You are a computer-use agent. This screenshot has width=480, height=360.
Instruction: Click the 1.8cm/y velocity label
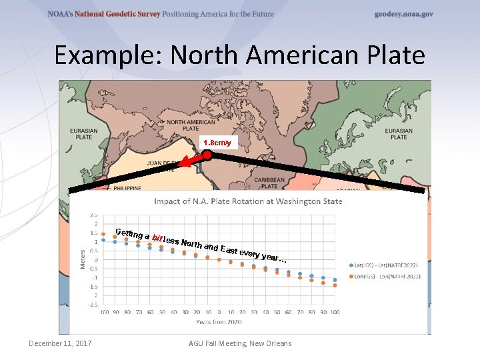tap(217, 143)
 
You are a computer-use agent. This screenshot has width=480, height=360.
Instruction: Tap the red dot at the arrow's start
tap(207, 155)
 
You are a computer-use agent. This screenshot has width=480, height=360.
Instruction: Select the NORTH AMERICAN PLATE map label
tap(191, 126)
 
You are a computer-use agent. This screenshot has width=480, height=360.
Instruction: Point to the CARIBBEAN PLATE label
tap(269, 183)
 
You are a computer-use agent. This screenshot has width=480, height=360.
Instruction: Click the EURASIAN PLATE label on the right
tap(399, 134)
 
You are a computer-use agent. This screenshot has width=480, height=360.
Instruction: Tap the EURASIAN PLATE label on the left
tap(84, 134)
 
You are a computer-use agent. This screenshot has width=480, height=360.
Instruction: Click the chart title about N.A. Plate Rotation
tap(248, 201)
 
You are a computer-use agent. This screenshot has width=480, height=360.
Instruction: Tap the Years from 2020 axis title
tap(219, 321)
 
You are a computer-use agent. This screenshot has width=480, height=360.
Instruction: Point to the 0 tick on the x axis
tap(219, 311)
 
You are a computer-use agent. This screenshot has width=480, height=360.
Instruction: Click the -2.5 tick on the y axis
tap(93, 304)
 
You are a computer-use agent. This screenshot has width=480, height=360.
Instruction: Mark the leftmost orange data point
tap(103, 233)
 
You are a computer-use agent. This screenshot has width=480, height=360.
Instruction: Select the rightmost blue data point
tap(335, 280)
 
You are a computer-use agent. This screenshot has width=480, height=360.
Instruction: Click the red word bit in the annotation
tap(158, 237)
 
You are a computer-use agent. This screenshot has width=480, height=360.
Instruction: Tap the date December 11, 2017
tap(60, 343)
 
